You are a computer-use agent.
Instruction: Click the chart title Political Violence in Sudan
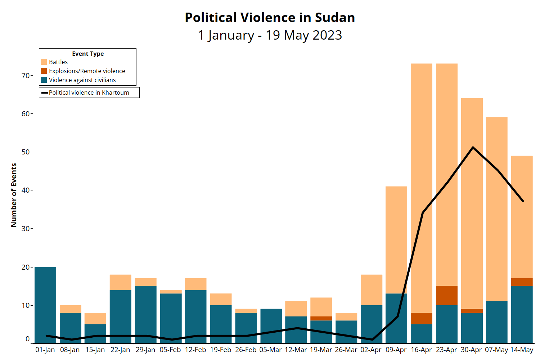(x=270, y=17)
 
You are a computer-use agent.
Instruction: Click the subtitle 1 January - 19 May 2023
(x=270, y=35)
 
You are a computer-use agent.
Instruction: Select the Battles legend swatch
(x=44, y=62)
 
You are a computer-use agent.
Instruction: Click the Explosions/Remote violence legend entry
(x=87, y=71)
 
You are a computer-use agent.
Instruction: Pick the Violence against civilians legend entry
(x=82, y=80)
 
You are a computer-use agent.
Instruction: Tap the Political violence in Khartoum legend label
(x=89, y=93)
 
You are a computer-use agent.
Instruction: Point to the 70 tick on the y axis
(x=26, y=76)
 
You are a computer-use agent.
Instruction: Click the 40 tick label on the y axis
(x=26, y=190)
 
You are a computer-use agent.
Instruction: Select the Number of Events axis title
(x=14, y=195)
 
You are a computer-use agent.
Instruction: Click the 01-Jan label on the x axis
(x=45, y=350)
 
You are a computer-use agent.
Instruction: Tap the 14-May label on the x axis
(x=522, y=350)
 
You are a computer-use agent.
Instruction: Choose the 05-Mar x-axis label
(x=270, y=350)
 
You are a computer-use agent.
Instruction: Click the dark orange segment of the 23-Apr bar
(x=446, y=296)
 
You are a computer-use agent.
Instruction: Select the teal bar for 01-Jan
(x=45, y=306)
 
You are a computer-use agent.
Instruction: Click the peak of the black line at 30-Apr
(x=473, y=147)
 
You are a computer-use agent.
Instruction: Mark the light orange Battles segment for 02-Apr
(x=372, y=290)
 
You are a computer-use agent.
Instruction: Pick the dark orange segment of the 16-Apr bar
(x=421, y=318)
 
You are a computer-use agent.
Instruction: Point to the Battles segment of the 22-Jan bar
(x=120, y=282)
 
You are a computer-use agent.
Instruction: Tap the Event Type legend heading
(x=88, y=54)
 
